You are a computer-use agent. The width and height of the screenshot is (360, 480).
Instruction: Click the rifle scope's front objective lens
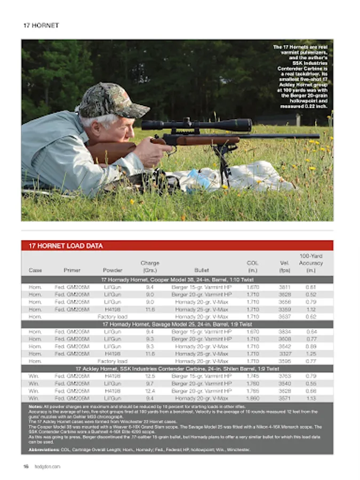pyautogui.click(x=246, y=125)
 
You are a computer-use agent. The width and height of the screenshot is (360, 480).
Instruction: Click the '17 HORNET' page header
pyautogui.click(x=41, y=25)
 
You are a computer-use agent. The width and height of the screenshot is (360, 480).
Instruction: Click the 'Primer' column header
pyautogui.click(x=72, y=270)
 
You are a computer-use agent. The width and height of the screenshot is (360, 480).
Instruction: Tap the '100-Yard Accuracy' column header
pyautogui.click(x=311, y=263)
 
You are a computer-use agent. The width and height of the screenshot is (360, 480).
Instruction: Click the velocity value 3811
pyautogui.click(x=284, y=287)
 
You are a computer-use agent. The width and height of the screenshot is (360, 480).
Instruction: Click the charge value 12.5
pyautogui.click(x=150, y=376)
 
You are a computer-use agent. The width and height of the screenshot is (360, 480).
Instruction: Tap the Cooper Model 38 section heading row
pyautogui.click(x=177, y=279)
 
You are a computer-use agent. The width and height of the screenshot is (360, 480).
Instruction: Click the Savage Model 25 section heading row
pyautogui.click(x=177, y=324)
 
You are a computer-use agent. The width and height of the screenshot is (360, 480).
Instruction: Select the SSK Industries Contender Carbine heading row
pyautogui.click(x=177, y=369)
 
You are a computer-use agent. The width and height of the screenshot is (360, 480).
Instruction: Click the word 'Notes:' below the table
pyautogui.click(x=35, y=407)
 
